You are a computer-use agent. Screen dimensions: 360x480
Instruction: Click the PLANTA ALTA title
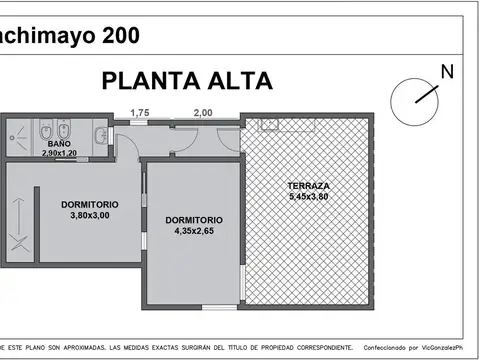(x=187, y=81)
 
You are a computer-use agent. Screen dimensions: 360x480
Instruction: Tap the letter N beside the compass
(x=447, y=71)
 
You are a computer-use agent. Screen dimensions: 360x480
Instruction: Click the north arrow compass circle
(x=413, y=97)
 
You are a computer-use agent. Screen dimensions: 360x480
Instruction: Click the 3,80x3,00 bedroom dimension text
(x=89, y=215)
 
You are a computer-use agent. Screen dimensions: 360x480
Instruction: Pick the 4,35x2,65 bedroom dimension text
(x=194, y=230)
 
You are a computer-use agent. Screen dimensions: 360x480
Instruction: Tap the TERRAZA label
(x=307, y=186)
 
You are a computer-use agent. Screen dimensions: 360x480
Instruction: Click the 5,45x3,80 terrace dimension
(x=307, y=196)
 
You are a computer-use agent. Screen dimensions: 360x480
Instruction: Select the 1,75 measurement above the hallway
(x=139, y=113)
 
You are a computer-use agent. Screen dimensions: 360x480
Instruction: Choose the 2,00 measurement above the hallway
(x=202, y=113)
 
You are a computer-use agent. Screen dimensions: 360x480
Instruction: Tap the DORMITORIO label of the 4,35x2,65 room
(x=194, y=220)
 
